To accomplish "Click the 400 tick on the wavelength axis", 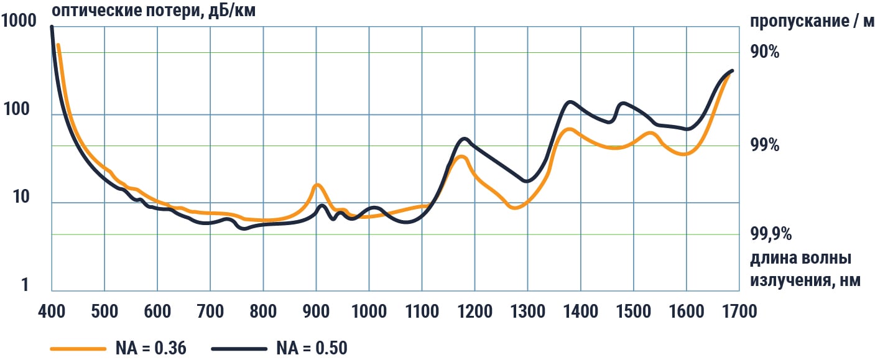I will [x=52, y=311].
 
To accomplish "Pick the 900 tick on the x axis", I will [x=316, y=311].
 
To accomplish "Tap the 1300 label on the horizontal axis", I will [x=527, y=311].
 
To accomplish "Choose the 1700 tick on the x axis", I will [x=739, y=311].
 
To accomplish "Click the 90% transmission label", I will [x=765, y=52].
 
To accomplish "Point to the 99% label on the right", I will [x=765, y=145].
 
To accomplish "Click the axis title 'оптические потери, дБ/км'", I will [x=154, y=11].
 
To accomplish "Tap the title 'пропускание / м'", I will [x=812, y=22].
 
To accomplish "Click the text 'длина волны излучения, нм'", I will [x=805, y=269].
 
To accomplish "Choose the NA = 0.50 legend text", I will [x=312, y=349].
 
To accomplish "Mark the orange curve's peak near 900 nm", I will [x=317, y=185].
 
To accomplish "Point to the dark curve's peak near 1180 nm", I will [x=464, y=139].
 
